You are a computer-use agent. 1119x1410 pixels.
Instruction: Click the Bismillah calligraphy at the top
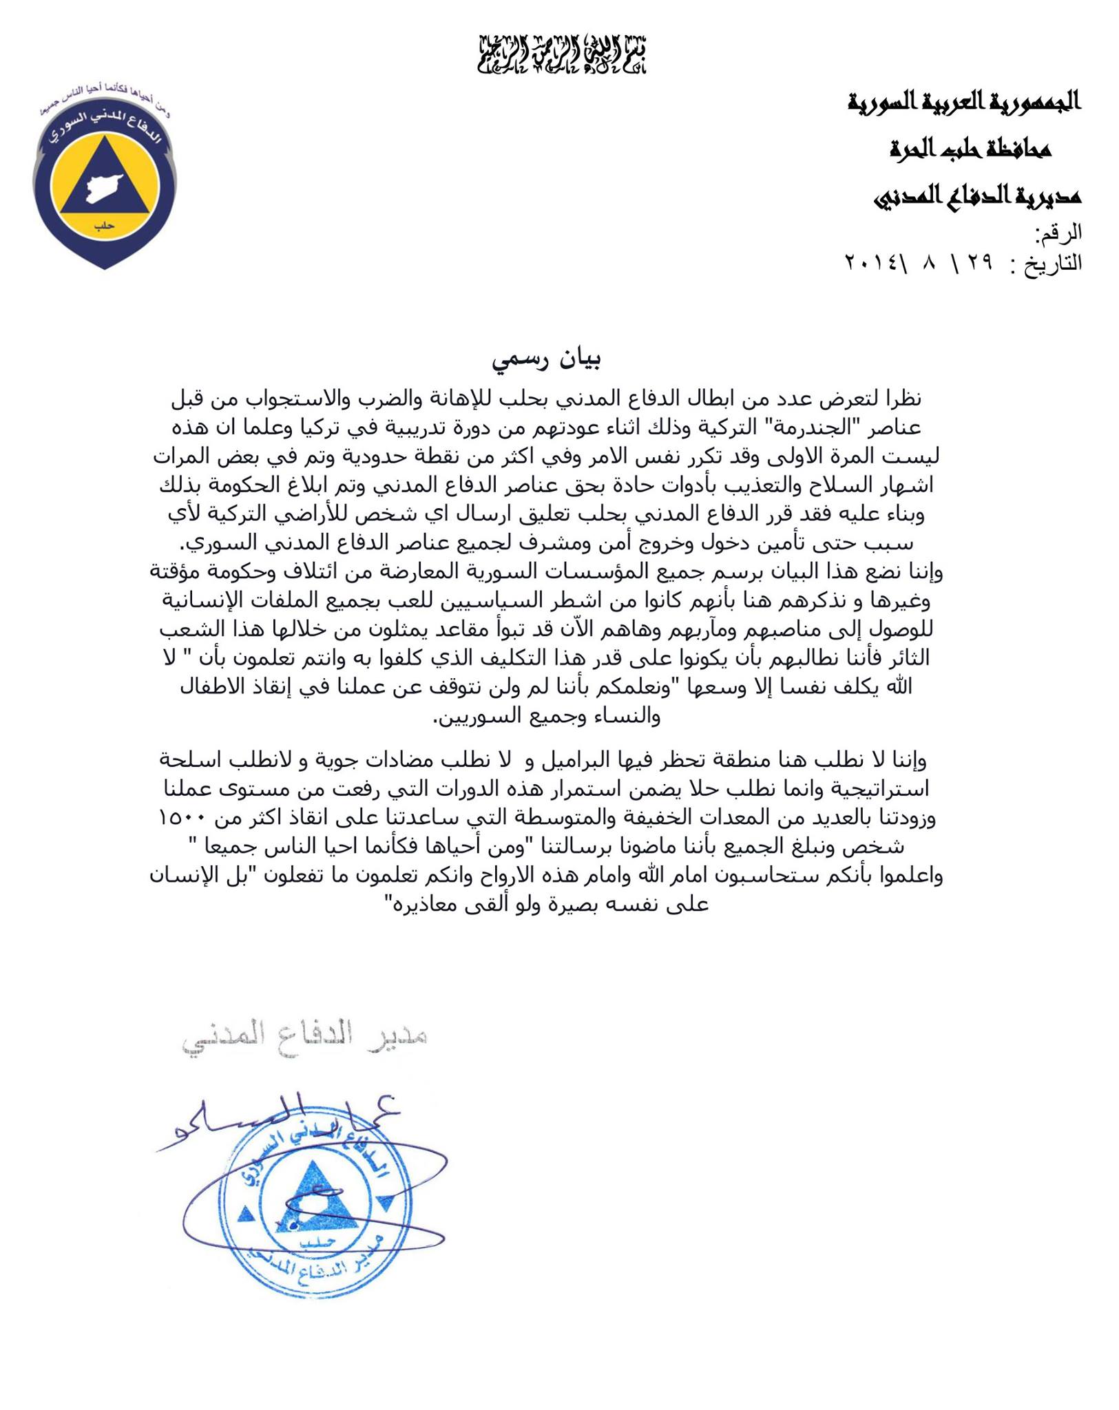[563, 53]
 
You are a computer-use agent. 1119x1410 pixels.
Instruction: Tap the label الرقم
[1059, 234]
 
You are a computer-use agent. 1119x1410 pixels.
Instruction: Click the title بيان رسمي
[547, 360]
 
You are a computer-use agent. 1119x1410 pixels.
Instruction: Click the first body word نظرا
[899, 398]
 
